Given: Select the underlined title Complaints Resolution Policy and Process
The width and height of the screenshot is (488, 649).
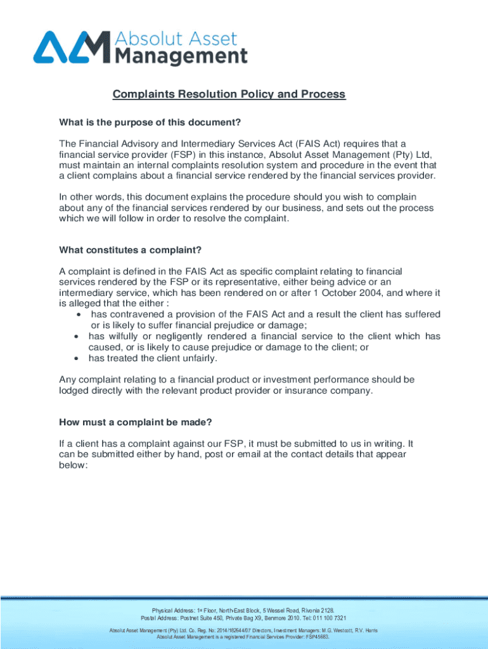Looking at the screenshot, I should tap(229, 94).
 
